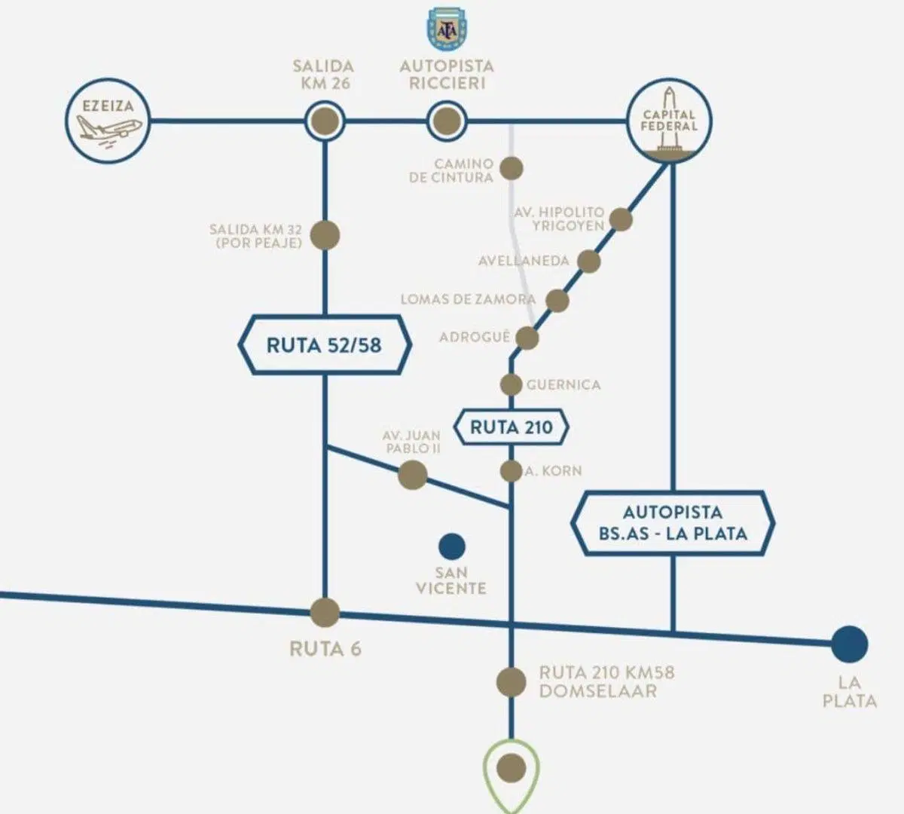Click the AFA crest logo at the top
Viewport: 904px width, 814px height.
pos(447,29)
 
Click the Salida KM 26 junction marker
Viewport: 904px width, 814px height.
pos(325,121)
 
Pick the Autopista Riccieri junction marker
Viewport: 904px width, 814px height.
pos(447,121)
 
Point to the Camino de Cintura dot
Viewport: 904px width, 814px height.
pos(512,168)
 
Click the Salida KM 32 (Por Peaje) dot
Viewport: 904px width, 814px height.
pos(325,235)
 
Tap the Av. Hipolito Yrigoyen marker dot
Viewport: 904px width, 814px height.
pos(621,219)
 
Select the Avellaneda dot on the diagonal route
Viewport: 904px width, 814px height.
pos(588,261)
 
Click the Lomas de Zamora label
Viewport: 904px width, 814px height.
pos(468,299)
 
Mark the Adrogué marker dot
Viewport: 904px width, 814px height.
pos(527,338)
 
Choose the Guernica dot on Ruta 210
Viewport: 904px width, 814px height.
pos(511,384)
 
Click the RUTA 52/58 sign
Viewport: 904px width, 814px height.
pos(325,345)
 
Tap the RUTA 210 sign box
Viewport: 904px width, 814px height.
pos(511,427)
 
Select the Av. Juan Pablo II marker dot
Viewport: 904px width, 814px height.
pos(412,475)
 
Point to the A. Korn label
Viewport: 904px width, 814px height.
pos(554,471)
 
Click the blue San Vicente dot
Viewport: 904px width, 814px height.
pos(451,546)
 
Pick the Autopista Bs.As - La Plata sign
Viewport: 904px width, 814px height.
pos(673,523)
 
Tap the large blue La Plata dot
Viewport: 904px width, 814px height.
pos(850,644)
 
